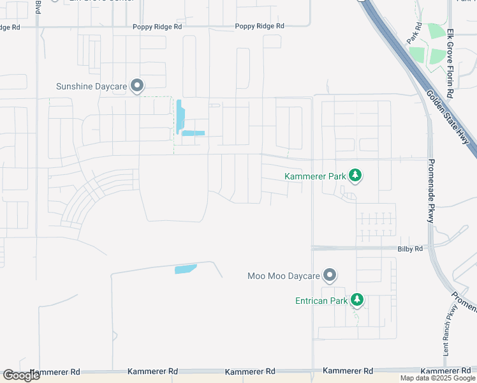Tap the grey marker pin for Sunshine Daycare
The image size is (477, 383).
tap(136, 86)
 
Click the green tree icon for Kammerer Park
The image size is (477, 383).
tap(356, 175)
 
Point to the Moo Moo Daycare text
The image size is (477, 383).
tap(283, 276)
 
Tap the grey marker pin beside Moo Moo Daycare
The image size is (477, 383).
tap(329, 275)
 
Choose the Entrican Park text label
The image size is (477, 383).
tap(321, 300)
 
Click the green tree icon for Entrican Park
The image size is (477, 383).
tap(357, 299)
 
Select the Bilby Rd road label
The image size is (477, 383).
tap(410, 248)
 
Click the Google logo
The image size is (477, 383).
tap(21, 375)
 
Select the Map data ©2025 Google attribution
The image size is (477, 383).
tap(437, 378)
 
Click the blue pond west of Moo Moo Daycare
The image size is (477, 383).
tap(186, 269)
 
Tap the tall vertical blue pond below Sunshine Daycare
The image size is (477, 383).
tap(180, 117)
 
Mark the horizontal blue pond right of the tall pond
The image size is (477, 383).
tap(193, 133)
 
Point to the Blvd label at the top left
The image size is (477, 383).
tap(38, 7)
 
